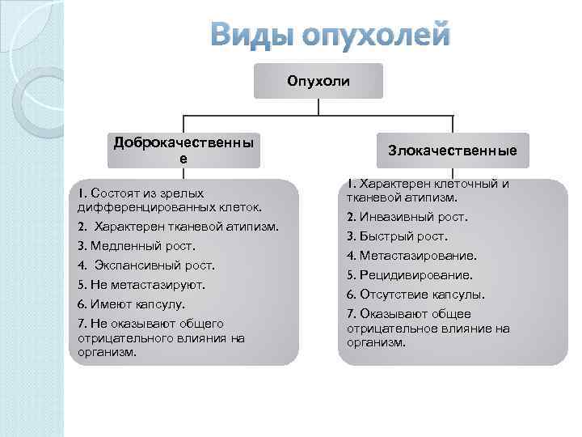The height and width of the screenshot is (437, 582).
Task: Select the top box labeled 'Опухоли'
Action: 318,81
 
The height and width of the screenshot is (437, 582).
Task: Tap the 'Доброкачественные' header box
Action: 183,151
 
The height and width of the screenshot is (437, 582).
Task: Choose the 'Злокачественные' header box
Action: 452,151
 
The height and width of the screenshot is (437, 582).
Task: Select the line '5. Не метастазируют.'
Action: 141,285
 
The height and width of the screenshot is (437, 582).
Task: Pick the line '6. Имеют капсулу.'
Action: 132,304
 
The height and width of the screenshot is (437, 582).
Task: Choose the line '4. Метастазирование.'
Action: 411,256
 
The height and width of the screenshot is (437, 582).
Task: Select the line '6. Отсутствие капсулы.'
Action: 415,295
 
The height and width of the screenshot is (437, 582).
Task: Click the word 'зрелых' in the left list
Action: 182,193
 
